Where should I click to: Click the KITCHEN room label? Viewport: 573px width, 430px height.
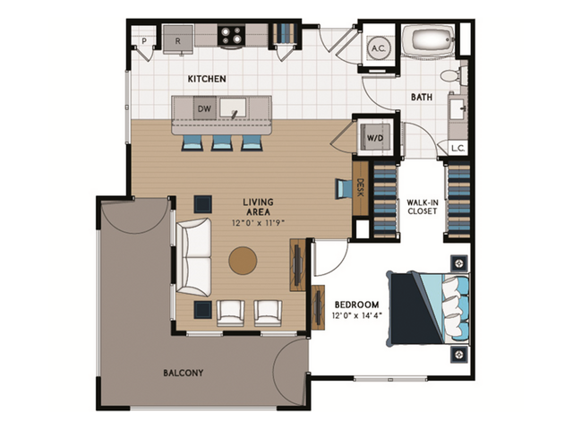(x=207, y=80)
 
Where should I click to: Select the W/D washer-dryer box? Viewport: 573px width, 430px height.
(x=370, y=138)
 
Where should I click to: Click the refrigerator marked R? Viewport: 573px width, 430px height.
(x=177, y=40)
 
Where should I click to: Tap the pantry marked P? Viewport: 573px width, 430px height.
(x=142, y=40)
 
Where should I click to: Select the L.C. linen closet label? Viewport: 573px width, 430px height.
(x=458, y=148)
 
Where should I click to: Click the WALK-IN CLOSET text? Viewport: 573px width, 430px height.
(x=422, y=207)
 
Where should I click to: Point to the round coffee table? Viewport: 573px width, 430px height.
(x=243, y=261)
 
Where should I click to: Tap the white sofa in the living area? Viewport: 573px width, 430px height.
(x=193, y=256)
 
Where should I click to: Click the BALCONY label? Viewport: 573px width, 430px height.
(x=183, y=373)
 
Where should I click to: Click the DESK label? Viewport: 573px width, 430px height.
(x=360, y=188)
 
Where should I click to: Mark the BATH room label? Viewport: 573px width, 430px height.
(x=423, y=96)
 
